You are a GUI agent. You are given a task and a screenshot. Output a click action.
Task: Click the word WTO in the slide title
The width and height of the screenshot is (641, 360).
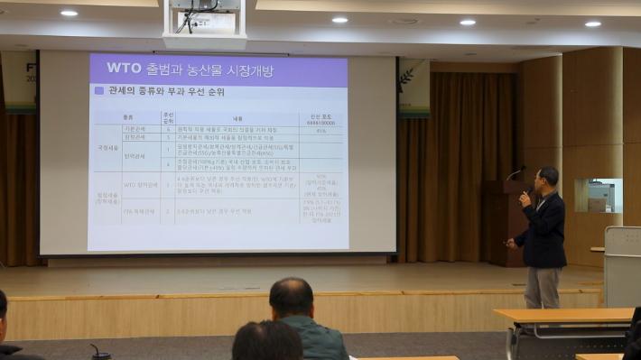pyautogui.click(x=123, y=68)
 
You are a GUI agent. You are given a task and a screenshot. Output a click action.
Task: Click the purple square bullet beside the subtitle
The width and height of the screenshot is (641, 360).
pyautogui.click(x=98, y=91)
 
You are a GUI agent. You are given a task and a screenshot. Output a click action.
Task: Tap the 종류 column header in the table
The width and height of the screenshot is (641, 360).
pyautogui.click(x=127, y=117)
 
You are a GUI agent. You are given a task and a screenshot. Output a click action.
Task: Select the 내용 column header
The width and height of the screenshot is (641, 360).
pyautogui.click(x=236, y=117)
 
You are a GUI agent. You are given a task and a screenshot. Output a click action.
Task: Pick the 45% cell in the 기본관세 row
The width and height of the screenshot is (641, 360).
pyautogui.click(x=320, y=128)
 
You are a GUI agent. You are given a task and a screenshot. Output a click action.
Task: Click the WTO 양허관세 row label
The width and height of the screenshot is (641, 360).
pyautogui.click(x=139, y=184)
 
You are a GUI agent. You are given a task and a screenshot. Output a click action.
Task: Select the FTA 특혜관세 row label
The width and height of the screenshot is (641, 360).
pyautogui.click(x=139, y=211)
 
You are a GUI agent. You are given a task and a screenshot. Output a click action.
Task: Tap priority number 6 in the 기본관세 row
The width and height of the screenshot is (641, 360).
pyautogui.click(x=168, y=128)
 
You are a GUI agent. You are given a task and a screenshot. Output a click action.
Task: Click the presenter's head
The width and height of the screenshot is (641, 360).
pyautogui.click(x=547, y=178)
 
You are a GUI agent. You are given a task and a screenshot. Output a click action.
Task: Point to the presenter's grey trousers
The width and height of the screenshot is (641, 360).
pyautogui.click(x=542, y=287)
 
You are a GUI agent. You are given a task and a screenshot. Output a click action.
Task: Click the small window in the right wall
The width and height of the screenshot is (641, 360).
pyautogui.click(x=598, y=195)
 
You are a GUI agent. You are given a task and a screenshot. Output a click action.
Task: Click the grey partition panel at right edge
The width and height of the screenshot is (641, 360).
pyautogui.click(x=622, y=265)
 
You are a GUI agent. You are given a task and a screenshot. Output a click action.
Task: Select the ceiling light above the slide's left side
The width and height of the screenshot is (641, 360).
pyautogui.click(x=69, y=13)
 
